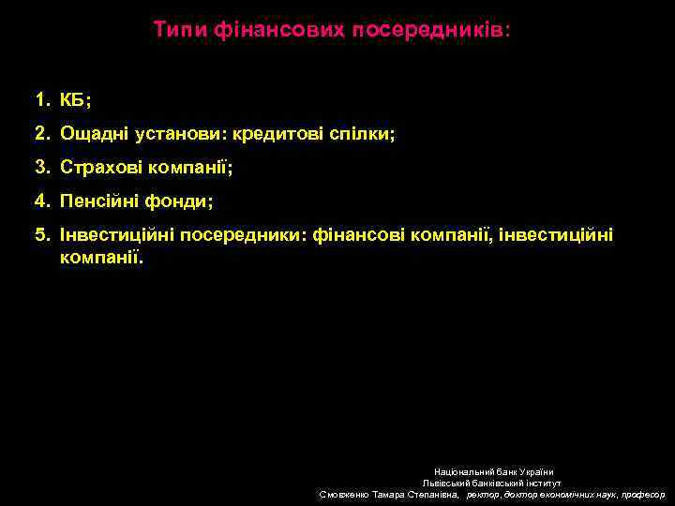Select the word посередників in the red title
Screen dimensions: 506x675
[429, 30]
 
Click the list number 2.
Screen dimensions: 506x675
[41, 134]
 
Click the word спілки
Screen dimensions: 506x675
[362, 134]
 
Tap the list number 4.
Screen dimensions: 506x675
[41, 201]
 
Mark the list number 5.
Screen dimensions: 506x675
[41, 234]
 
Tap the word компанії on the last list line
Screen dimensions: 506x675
[102, 256]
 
